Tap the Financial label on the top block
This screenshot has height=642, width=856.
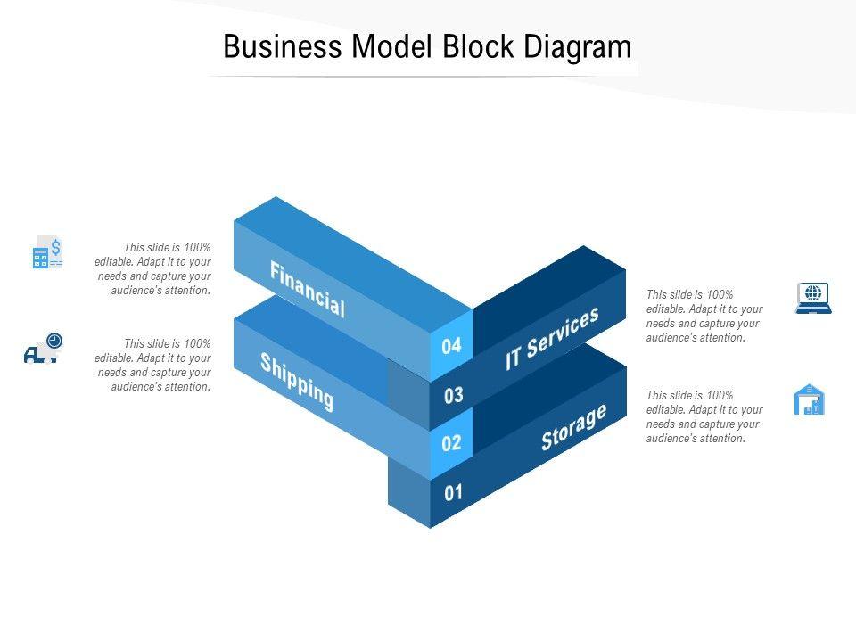(307, 290)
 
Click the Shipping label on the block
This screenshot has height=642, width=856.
(297, 382)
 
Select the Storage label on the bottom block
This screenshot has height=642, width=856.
(573, 426)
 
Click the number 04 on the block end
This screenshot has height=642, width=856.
(451, 346)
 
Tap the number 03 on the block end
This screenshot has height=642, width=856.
(453, 395)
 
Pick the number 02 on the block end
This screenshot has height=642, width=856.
(451, 443)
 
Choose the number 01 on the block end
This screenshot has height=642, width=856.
(453, 492)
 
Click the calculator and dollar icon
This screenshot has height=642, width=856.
(47, 253)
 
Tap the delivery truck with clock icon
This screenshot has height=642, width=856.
(43, 349)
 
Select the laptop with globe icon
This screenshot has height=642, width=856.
(812, 298)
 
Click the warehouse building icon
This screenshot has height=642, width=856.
(810, 399)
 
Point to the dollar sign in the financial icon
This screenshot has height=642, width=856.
(55, 245)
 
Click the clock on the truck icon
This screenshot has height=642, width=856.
(54, 340)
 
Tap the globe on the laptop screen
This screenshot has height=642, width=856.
(812, 292)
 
